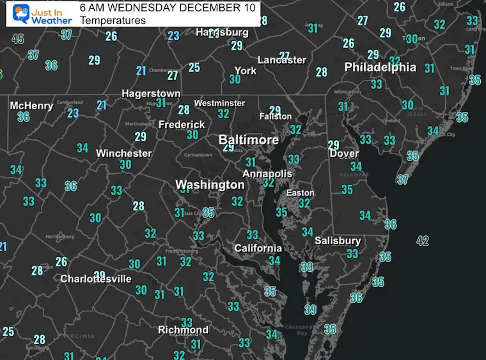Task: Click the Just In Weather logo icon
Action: tap(19, 13)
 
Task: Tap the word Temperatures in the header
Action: tap(113, 20)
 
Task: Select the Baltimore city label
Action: tap(249, 139)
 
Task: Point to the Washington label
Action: tap(210, 185)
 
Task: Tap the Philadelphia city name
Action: tap(380, 67)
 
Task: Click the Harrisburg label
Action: tap(222, 32)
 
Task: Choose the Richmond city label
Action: tap(183, 330)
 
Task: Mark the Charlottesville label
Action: tap(96, 279)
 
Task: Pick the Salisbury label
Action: tap(338, 241)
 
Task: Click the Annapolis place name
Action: tap(267, 174)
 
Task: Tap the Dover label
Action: tap(344, 154)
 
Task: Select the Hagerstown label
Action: tap(152, 94)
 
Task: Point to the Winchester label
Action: tap(123, 153)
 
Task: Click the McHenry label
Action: tap(31, 106)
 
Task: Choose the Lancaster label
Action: tap(282, 60)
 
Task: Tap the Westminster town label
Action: tap(219, 103)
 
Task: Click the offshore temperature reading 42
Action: tap(423, 241)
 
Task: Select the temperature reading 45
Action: tap(18, 39)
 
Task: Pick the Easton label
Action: tap(300, 192)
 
